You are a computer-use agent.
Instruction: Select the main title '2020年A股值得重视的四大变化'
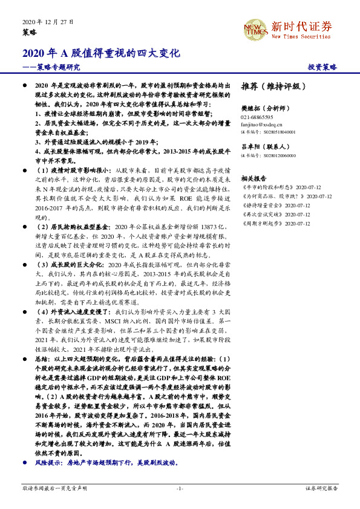pyautogui.click(x=102, y=53)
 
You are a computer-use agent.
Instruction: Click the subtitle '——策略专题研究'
pyautogui.click(x=51, y=67)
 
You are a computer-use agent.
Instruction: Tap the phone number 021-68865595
pyautogui.click(x=257, y=117)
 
